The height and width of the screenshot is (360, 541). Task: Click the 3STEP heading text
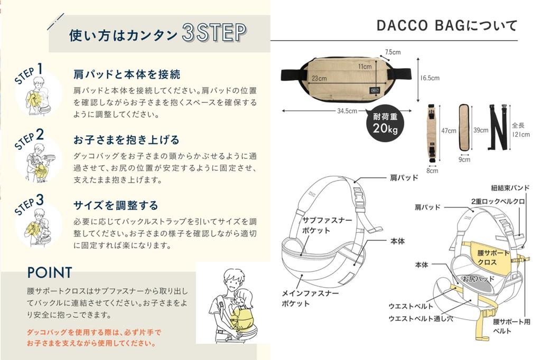pos(213,33)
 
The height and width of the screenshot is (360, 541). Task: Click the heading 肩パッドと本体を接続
pos(127,74)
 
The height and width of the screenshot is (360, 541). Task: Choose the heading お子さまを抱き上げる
pos(126,140)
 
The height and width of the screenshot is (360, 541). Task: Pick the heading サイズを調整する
pos(116,205)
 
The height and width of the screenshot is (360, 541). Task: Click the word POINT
pos(50,272)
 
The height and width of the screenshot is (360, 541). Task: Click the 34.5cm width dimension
pos(347,111)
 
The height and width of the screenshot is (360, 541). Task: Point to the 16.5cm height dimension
pos(430,78)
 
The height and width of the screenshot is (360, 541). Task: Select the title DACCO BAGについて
pos(447,26)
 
